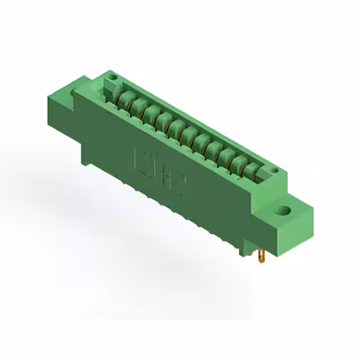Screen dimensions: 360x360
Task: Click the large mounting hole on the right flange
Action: [x=282, y=211]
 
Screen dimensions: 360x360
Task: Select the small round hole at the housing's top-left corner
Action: [x=112, y=76]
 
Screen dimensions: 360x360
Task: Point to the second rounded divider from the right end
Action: [x=240, y=164]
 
